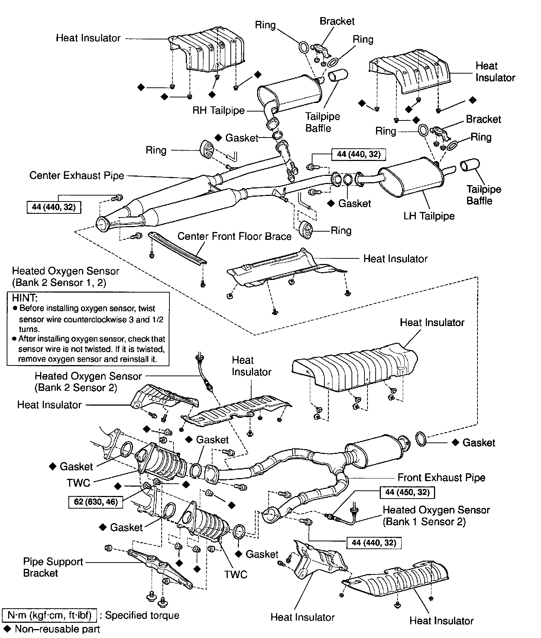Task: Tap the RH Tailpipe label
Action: [218, 110]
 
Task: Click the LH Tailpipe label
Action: [429, 216]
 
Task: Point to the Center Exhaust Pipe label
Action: [77, 175]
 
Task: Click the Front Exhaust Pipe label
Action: [441, 477]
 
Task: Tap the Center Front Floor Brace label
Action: [234, 236]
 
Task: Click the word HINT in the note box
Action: [25, 298]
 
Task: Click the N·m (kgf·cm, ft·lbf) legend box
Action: [49, 615]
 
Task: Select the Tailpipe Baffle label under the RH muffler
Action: [323, 122]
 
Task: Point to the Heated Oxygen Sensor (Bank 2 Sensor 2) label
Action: [88, 382]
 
